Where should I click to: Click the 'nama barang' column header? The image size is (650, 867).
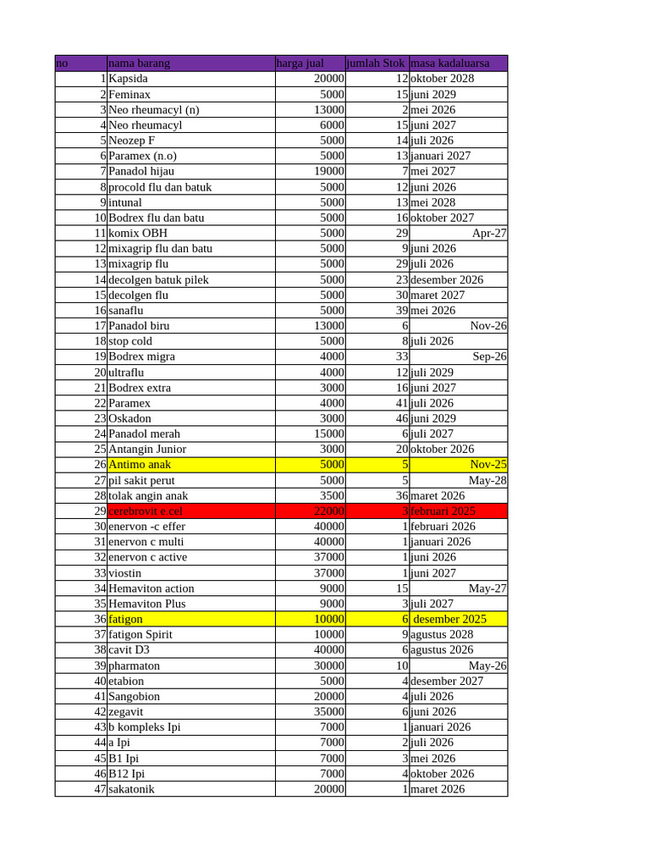tap(139, 64)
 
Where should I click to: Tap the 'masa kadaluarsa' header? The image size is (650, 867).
tap(449, 64)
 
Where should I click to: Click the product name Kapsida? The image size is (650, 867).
tap(128, 79)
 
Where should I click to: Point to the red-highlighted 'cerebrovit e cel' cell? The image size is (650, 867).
tap(146, 511)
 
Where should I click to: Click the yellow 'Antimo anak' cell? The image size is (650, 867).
tap(140, 465)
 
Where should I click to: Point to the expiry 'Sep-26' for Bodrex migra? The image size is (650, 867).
tap(489, 356)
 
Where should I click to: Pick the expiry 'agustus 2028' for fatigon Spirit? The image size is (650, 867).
tap(441, 634)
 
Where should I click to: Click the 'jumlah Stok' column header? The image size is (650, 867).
tap(376, 64)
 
